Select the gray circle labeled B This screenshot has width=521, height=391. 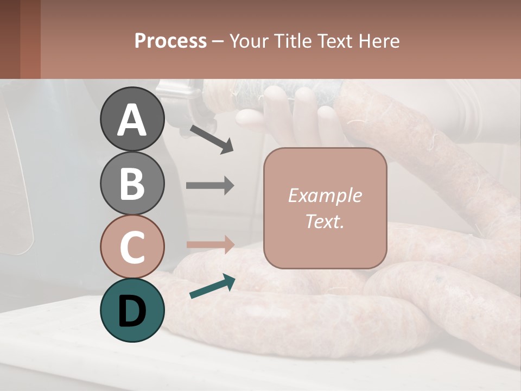point(132,183)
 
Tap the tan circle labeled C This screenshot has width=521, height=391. point(132,247)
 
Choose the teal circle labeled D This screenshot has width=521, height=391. point(132,310)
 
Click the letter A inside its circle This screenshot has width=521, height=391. point(132,120)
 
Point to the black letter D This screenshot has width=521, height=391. point(132,311)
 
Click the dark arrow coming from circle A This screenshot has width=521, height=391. point(211,138)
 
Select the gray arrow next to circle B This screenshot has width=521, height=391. point(210,186)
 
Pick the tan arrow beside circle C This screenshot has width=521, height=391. point(210,244)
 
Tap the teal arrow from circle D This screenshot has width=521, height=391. point(212,286)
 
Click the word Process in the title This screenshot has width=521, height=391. point(170,41)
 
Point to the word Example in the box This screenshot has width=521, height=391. point(325,195)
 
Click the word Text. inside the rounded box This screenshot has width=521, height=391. point(325,222)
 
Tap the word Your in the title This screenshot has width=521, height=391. point(249,41)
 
